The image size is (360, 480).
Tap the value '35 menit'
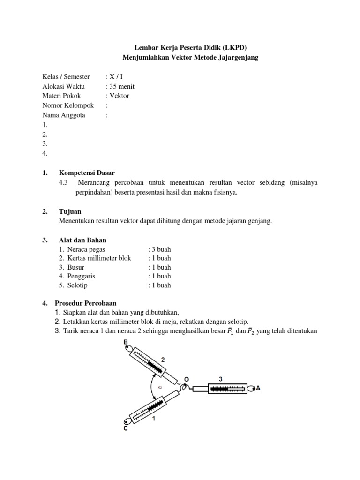tap(121, 86)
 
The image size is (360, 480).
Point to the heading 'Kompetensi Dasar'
tap(87, 173)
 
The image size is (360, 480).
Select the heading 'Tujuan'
tap(70, 212)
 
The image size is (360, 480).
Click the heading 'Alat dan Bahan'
tap(83, 240)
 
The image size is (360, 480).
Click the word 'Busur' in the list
tap(76, 267)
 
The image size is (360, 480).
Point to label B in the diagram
tap(126, 342)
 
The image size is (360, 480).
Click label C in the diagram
tap(125, 428)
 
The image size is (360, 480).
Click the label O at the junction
tap(187, 378)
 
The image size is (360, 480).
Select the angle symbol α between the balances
tap(160, 387)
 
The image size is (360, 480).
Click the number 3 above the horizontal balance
tap(220, 378)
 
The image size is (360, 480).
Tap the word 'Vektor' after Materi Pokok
tap(119, 96)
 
